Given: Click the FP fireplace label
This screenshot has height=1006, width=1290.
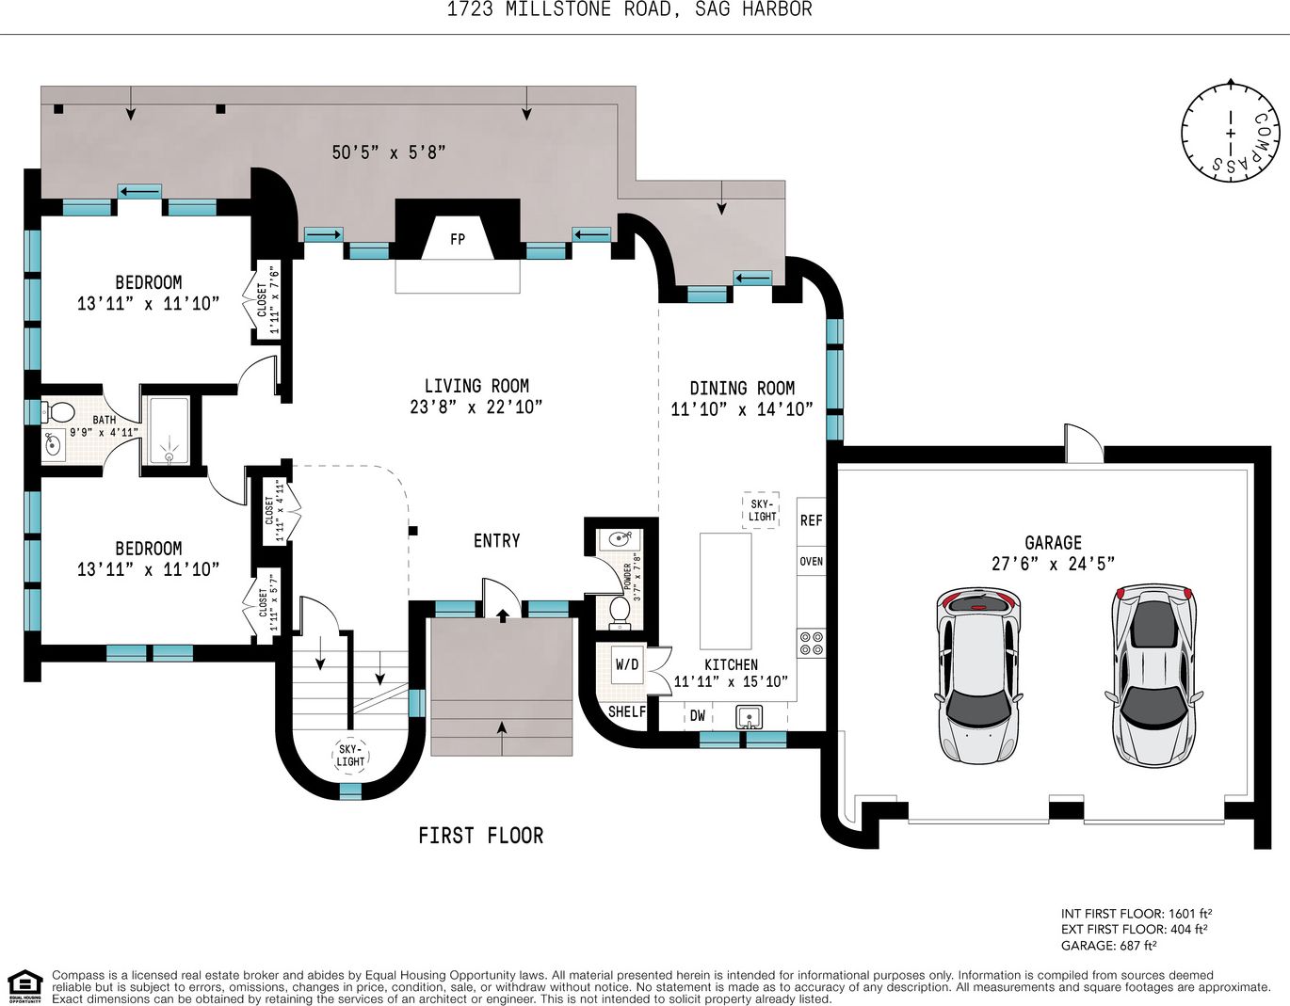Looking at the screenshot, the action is click(x=457, y=240).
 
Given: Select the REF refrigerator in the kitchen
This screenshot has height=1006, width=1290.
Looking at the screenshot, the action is click(x=811, y=520).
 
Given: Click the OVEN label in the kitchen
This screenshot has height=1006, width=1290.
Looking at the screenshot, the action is click(x=811, y=561).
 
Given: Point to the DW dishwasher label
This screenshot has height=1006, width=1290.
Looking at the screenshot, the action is click(x=698, y=716).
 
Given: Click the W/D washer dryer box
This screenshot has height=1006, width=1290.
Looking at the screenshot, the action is click(x=627, y=664).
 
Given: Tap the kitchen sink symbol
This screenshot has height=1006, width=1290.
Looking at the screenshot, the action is click(x=750, y=717).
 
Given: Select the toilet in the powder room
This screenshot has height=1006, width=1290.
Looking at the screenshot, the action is click(x=620, y=612).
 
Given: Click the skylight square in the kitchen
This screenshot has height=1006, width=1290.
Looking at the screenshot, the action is click(x=761, y=510).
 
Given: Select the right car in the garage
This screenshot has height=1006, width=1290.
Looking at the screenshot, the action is click(x=1153, y=675).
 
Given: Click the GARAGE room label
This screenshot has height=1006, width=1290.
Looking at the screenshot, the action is click(x=1053, y=543).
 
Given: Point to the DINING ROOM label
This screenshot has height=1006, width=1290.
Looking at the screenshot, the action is click(x=742, y=389).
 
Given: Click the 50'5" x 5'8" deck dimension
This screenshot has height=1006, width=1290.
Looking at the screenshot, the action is click(x=389, y=152).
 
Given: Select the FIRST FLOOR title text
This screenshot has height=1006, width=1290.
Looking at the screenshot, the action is click(x=481, y=837).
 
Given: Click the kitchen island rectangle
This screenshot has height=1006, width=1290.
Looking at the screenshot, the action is click(x=725, y=591).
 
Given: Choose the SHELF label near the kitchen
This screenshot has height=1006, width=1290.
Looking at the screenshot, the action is click(x=627, y=711).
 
